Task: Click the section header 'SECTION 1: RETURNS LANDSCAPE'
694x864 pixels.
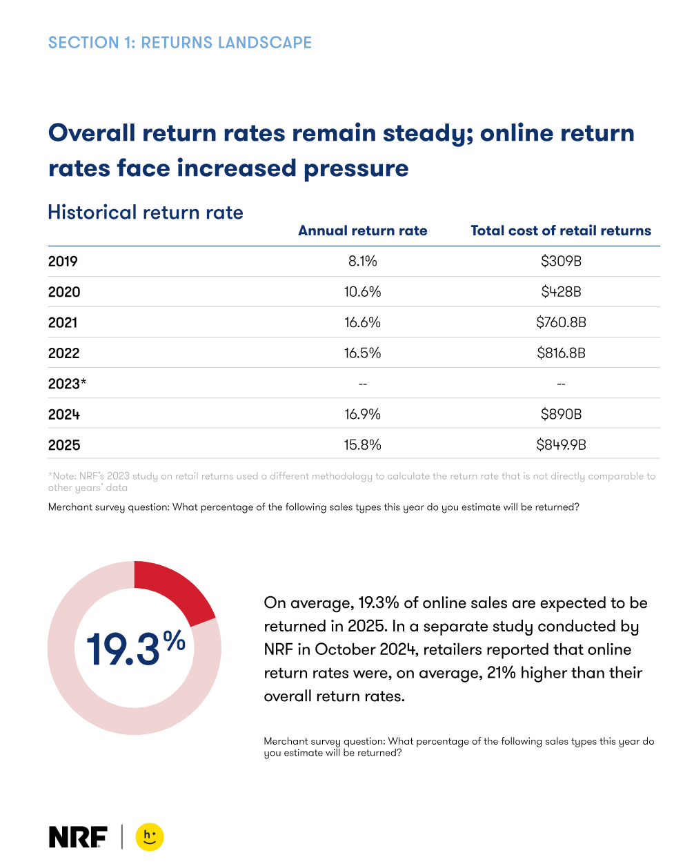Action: [x=180, y=43]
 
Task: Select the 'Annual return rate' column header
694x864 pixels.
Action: [x=362, y=230]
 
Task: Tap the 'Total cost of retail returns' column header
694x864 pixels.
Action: [x=561, y=230]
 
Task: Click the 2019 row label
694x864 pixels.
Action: [x=63, y=262]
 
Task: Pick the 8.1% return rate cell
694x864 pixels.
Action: [x=362, y=262]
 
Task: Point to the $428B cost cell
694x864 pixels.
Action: [x=561, y=292]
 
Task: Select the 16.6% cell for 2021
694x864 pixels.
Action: [x=362, y=322]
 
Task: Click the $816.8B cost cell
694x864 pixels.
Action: [x=561, y=353]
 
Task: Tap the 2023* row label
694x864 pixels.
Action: [x=67, y=384]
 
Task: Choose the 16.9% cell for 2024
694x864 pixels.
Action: [x=362, y=414]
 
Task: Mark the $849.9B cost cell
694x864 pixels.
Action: [x=561, y=444]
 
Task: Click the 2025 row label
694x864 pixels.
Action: [x=64, y=445]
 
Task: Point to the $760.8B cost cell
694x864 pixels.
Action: [x=561, y=322]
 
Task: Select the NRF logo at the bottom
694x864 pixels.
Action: [x=78, y=837]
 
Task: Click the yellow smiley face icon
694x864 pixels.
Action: [x=150, y=837]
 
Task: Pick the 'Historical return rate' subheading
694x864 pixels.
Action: [x=146, y=212]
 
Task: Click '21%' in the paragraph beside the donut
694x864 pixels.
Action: [x=501, y=673]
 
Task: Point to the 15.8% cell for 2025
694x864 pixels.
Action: [x=362, y=444]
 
